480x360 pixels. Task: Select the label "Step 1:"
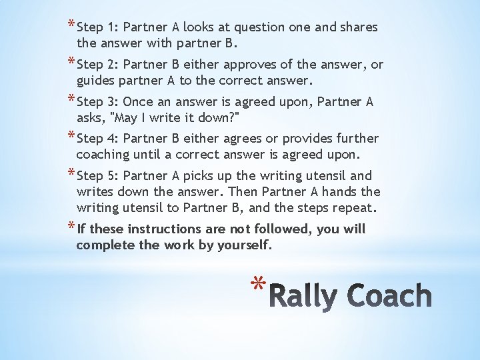[x=98, y=28]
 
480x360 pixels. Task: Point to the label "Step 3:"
[x=98, y=102]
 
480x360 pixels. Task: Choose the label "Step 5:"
[x=98, y=176]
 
